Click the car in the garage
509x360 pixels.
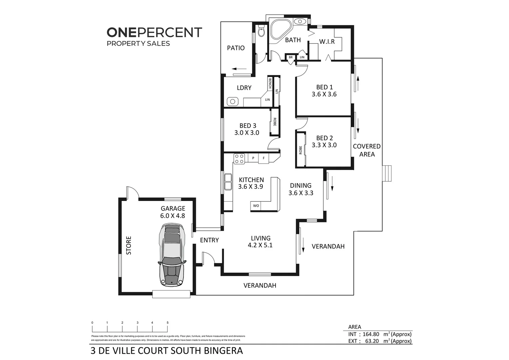tap(172, 255)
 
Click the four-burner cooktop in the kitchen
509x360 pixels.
tap(239, 158)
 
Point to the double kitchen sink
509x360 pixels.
tap(228, 182)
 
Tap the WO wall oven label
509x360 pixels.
tap(256, 206)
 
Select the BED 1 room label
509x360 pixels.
tap(324, 87)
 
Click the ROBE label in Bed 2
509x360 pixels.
tap(300, 150)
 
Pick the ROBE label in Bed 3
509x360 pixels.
tap(274, 122)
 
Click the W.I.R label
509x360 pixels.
tap(326, 42)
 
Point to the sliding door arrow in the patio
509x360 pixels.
tap(239, 69)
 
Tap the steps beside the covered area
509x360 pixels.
tap(387, 173)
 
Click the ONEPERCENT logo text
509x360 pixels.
tap(154, 32)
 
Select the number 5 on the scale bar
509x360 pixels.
tap(168, 323)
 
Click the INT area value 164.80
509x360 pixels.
tap(371, 334)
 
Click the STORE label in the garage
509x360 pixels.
tap(129, 245)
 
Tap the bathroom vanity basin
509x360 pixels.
tap(300, 21)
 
